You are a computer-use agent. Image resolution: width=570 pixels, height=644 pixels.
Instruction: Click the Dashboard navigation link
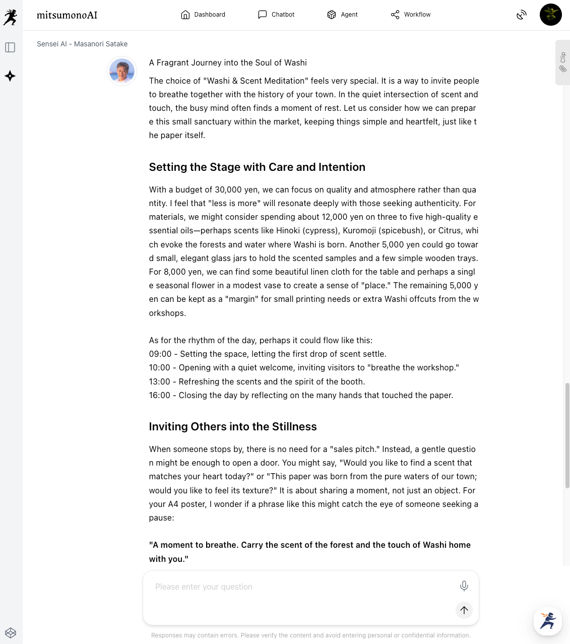coord(203,15)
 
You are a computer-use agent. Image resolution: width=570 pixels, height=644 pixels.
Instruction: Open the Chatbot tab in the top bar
coord(276,15)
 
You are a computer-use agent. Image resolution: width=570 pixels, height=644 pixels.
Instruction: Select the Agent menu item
coord(342,15)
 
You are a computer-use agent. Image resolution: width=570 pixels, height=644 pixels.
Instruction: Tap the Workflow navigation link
coord(411,15)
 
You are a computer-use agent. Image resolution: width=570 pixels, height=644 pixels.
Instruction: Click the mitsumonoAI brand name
coord(67,15)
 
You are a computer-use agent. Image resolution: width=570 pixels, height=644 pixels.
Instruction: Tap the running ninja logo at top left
coord(10,17)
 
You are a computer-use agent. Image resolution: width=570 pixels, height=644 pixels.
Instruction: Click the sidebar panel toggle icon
coord(10,47)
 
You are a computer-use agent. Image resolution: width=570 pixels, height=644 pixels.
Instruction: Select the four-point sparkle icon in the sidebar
coord(10,76)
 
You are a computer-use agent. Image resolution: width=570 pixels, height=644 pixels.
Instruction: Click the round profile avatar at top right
coord(550,15)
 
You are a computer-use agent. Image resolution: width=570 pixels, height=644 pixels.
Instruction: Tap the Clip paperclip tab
coord(563,62)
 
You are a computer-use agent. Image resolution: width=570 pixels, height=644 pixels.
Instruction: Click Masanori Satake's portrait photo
coord(122,71)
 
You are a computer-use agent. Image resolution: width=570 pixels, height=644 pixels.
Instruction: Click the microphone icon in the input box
coord(464,586)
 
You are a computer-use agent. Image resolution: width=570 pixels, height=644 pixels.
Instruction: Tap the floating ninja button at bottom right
coord(548,621)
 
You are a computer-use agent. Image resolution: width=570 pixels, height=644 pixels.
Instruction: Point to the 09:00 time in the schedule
coord(160,354)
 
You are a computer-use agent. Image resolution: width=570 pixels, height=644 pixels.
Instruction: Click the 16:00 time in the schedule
coord(160,396)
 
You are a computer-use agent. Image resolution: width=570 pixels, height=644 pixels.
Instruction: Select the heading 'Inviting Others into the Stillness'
coord(233,427)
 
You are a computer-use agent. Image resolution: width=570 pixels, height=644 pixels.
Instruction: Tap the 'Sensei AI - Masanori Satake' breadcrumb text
coord(82,44)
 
